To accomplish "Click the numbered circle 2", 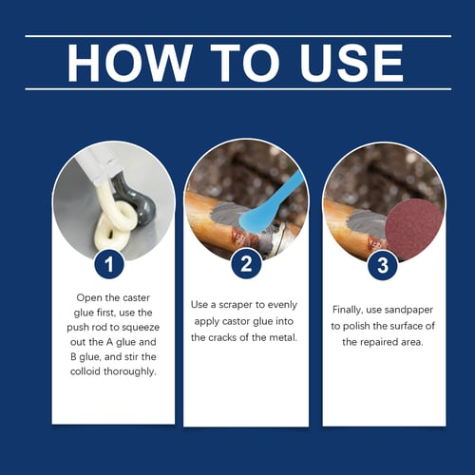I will tap(246, 265).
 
